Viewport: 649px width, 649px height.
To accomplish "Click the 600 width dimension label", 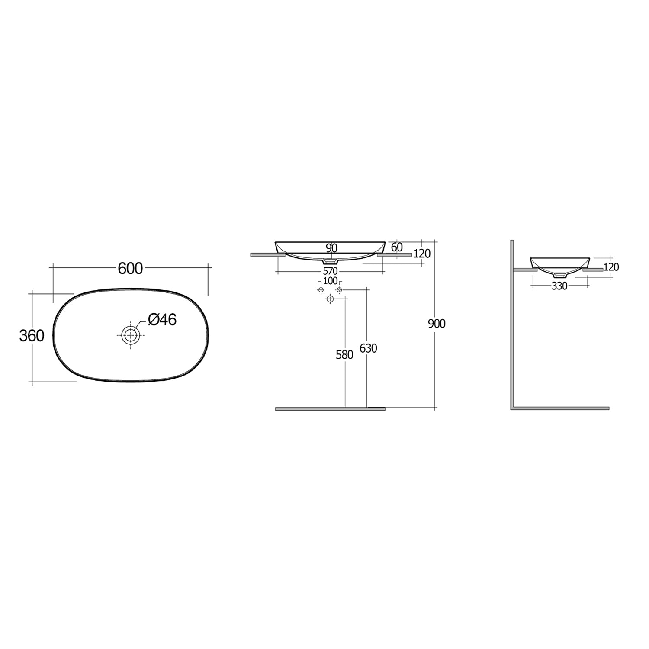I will point(130,269).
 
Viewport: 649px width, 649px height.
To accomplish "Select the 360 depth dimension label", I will point(32,335).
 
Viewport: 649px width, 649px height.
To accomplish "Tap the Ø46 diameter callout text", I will point(162,320).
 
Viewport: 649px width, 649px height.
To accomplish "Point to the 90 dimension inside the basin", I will point(331,248).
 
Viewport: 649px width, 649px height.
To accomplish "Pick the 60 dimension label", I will point(396,247).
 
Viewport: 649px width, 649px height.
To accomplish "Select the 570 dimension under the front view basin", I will point(330,272).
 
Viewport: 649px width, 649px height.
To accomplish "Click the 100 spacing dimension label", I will point(330,281).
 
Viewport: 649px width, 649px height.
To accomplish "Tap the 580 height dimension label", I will point(344,355).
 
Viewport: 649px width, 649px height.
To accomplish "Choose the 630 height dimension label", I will point(368,348).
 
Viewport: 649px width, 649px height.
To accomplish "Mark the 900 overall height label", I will point(437,324).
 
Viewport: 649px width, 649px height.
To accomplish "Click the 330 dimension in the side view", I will point(559,286).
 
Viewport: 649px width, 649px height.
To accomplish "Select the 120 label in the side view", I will point(611,267).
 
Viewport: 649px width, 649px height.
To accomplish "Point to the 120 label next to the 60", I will point(422,254).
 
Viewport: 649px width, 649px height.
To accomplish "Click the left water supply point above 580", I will point(321,289).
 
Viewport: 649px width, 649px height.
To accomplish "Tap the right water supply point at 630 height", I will point(339,289).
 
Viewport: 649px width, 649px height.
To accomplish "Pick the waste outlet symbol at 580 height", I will point(330,299).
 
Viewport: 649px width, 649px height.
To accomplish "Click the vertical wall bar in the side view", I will point(512,324).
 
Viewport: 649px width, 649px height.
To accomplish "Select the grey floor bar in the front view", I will point(330,408).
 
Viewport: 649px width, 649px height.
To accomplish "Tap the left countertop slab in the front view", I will point(267,255).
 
